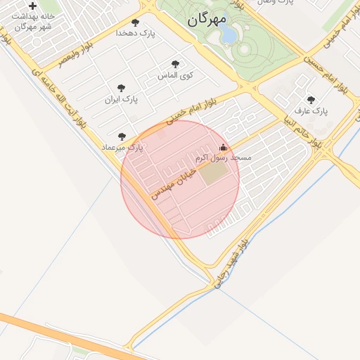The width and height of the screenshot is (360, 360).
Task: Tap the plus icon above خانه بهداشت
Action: pyautogui.click(x=32, y=6)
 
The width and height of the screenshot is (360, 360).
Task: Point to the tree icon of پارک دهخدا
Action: pyautogui.click(x=135, y=23)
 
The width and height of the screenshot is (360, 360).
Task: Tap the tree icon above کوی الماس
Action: pyautogui.click(x=175, y=64)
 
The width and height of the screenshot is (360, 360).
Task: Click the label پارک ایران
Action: pyautogui.click(x=122, y=99)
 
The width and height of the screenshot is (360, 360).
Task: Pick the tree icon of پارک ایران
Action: pyautogui.click(x=121, y=89)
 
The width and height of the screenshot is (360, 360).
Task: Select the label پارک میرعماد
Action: pyautogui.click(x=122, y=148)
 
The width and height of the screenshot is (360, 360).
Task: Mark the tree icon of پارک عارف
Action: pyautogui.click(x=311, y=101)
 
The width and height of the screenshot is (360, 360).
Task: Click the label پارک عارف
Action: pyautogui.click(x=311, y=111)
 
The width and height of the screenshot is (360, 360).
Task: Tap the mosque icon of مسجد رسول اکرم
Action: pyautogui.click(x=224, y=148)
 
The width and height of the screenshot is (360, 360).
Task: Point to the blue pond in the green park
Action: pyautogui.click(x=229, y=34)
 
